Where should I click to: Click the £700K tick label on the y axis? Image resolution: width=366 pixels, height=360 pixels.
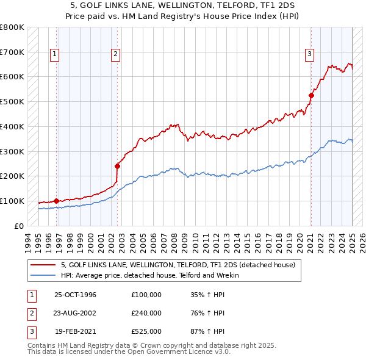pyautogui.click(x=12, y=52)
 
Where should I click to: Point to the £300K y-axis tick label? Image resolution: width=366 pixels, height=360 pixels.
pyautogui.click(x=12, y=151)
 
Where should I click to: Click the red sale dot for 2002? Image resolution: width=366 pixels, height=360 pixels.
pyautogui.click(x=117, y=165)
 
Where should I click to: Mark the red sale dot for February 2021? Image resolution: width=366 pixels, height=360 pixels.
pyautogui.click(x=311, y=95)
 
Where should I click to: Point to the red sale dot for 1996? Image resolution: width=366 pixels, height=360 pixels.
pyautogui.click(x=56, y=201)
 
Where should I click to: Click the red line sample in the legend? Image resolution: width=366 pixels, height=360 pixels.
pyautogui.click(x=43, y=265)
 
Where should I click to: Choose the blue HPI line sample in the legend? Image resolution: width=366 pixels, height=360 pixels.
pyautogui.click(x=43, y=275)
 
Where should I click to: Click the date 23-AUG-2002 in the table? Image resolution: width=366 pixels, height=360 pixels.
pyautogui.click(x=75, y=313)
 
